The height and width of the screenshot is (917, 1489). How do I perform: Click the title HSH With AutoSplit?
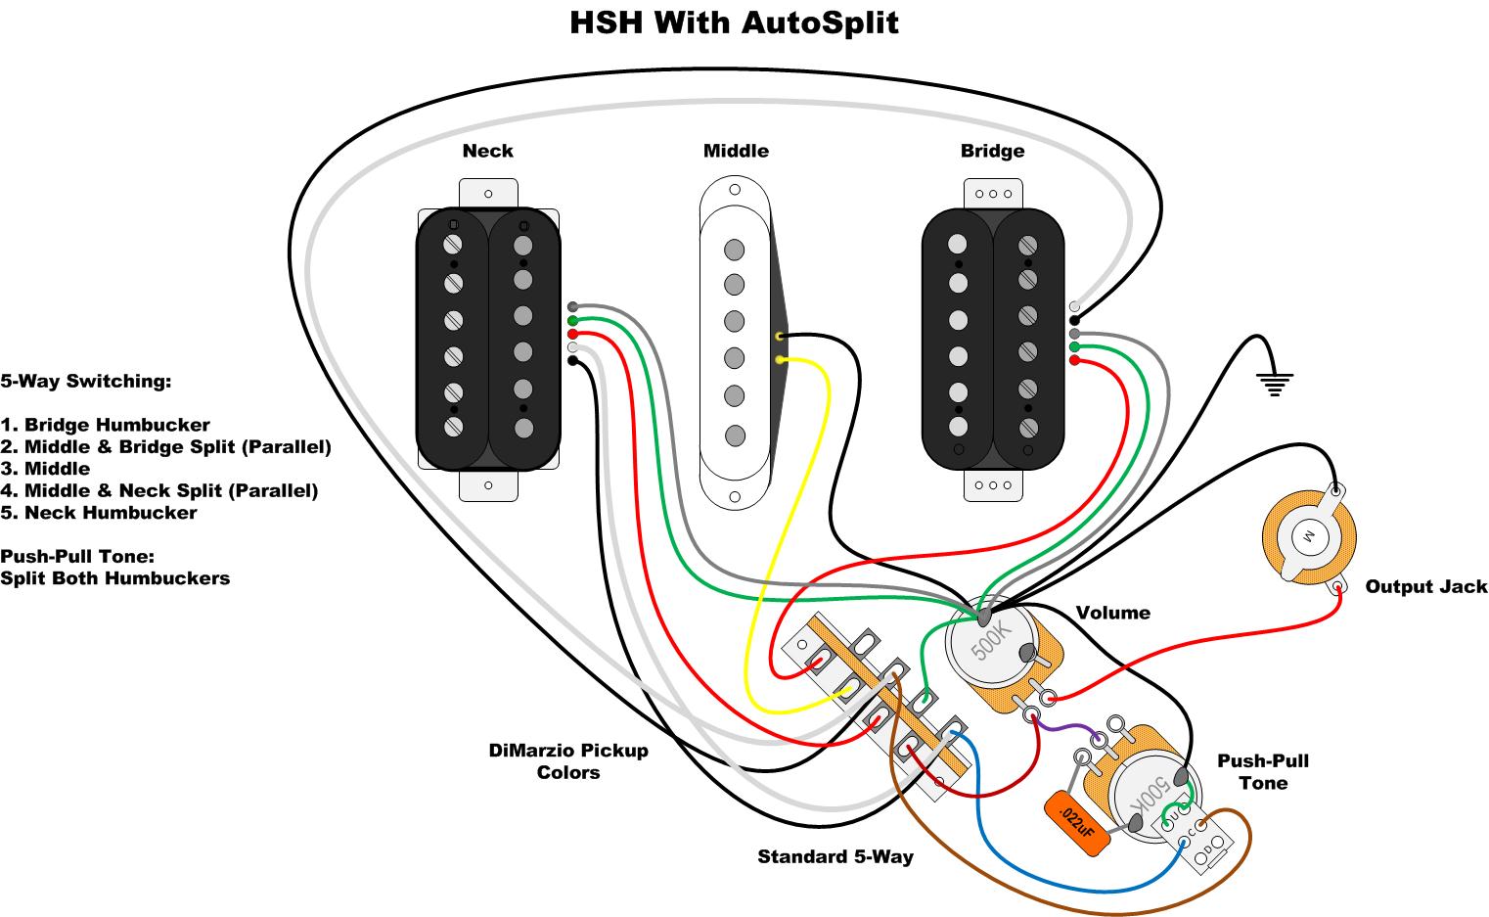734,22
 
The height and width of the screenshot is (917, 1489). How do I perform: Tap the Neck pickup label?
487,151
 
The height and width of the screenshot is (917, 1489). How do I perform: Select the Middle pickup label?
736,151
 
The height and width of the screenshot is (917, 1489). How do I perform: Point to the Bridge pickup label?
992,151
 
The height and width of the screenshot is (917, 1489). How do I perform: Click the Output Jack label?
1425,587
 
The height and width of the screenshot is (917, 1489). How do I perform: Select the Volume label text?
1112,613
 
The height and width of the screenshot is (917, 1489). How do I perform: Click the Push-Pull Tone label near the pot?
1262,772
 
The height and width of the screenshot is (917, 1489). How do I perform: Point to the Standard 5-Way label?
835,857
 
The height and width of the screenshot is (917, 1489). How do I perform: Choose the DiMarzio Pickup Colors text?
568,761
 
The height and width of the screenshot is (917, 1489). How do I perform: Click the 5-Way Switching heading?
86,382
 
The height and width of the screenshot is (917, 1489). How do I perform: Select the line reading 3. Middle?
45,469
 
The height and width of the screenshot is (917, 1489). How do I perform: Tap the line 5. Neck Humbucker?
99,513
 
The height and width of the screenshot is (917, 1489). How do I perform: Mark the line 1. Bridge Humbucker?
106,426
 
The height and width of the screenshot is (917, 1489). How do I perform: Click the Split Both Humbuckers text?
115,578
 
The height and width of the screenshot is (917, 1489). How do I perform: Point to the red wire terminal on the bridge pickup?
1075,360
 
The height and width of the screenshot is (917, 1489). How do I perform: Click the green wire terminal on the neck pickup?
572,320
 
